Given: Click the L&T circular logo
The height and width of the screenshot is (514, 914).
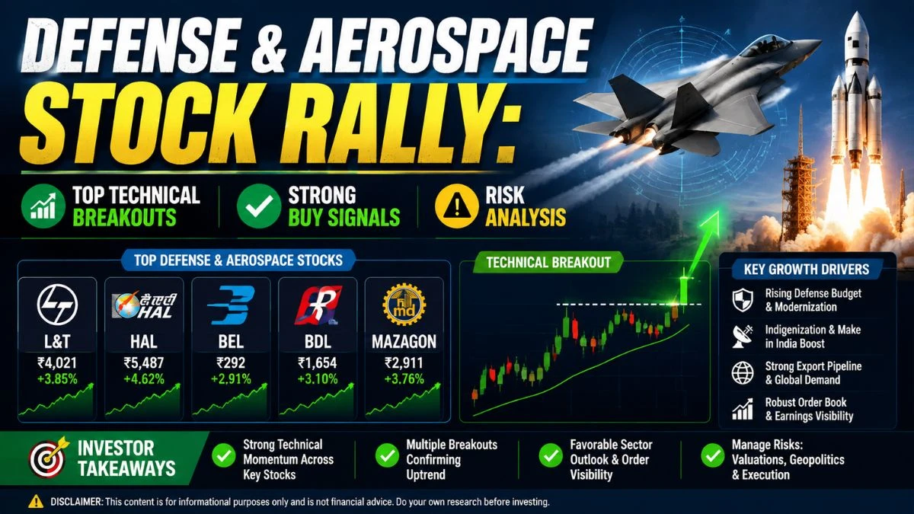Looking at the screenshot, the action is pos(57,305).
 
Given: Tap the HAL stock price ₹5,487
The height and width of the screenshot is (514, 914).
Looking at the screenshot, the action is pos(144,362).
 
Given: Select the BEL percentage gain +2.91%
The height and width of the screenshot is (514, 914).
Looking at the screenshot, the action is pos(231,379).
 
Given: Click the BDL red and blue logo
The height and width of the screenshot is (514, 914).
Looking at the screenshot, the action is pos(318,305).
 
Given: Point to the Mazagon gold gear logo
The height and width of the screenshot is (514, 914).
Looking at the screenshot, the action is pos(404,305).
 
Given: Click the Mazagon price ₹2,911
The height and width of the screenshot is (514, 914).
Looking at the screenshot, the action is pos(404,362).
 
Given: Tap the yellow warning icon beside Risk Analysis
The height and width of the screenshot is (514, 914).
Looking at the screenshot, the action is pos(456,205).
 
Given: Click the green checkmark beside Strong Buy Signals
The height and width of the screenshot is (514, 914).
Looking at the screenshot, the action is pos(259,205).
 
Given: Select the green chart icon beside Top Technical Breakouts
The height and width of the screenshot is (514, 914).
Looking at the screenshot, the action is pos(43,205).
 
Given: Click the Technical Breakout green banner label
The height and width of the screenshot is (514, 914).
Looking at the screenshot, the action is pos(548,262).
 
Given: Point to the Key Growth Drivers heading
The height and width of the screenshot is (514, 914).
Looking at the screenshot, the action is pos(807,270).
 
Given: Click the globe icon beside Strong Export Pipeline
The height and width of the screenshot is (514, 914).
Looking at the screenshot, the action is pos(742,372).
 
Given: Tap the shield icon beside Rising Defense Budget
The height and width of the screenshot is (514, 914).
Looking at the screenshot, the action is pos(743,300).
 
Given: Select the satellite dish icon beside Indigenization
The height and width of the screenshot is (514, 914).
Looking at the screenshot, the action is pos(743,336).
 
